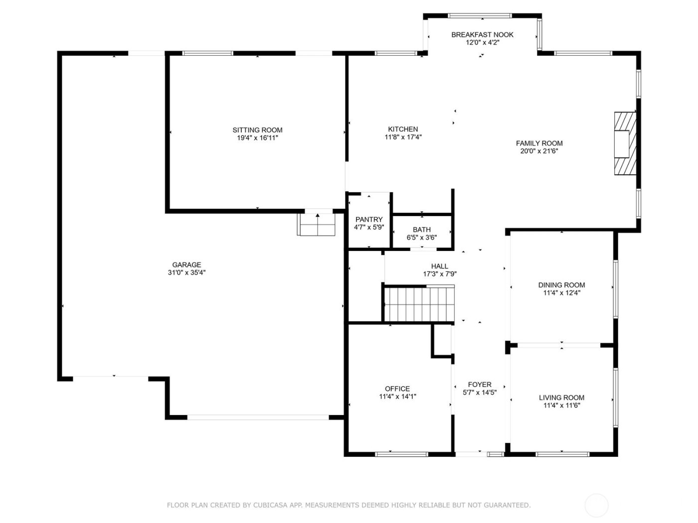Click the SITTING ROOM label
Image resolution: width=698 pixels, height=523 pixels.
tap(257, 130)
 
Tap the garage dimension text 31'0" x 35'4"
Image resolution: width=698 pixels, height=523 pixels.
tap(186, 272)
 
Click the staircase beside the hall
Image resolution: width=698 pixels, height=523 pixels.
tap(419, 304)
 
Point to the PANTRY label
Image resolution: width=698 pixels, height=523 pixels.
tap(369, 220)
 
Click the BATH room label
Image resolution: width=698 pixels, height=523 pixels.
tap(421, 230)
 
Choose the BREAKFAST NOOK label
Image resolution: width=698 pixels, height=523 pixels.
tap(482, 35)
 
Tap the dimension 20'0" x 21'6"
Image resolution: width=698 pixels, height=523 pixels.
tap(539, 151)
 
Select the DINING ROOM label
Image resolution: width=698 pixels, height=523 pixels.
tap(561, 285)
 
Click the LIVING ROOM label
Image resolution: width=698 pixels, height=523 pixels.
tap(561, 397)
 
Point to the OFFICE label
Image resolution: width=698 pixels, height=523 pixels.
tap(397, 389)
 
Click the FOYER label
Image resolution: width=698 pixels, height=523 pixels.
tap(480, 385)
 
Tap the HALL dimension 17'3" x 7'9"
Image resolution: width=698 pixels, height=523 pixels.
tap(440, 274)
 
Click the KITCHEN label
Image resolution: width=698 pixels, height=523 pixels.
tap(403, 129)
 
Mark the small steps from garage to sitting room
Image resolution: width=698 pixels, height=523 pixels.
tap(317, 225)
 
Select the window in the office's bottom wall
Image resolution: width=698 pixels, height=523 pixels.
tap(401, 454)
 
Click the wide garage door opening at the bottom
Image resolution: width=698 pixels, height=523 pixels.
tap(258, 417)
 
